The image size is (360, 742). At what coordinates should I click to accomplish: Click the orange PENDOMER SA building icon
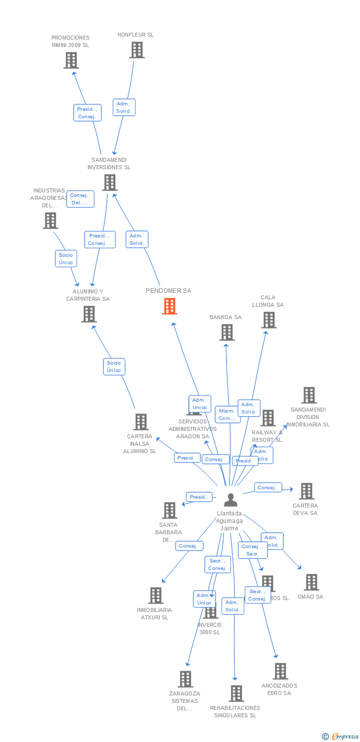click(x=170, y=306)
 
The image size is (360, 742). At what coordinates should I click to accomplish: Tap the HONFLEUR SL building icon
click(x=137, y=50)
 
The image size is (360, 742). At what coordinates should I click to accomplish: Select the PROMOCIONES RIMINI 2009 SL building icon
click(x=71, y=60)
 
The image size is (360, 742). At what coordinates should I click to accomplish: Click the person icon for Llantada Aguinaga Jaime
click(x=230, y=500)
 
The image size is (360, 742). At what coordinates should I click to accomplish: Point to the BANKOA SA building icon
click(x=226, y=332)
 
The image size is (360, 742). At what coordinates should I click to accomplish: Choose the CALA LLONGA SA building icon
click(x=269, y=320)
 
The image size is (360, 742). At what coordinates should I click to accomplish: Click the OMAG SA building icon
click(x=311, y=582)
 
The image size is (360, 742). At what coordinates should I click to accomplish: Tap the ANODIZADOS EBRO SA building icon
click(x=280, y=671)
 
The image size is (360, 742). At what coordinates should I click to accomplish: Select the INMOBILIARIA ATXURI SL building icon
click(x=156, y=596)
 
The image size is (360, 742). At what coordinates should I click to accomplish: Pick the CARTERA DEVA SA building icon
click(x=307, y=491)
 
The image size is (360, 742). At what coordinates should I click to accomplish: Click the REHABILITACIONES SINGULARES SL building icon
click(x=236, y=694)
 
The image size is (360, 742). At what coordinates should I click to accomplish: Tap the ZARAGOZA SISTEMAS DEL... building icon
click(x=185, y=679)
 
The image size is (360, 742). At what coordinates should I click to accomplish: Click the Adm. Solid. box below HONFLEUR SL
click(x=124, y=107)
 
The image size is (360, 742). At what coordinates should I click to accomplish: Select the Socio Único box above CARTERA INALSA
click(x=114, y=367)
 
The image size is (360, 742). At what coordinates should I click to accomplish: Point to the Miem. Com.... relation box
click(x=227, y=415)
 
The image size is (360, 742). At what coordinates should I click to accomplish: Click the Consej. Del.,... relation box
click(x=80, y=199)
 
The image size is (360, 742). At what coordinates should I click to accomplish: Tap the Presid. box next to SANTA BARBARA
click(x=199, y=497)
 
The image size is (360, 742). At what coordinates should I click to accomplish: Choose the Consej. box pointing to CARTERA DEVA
click(x=268, y=488)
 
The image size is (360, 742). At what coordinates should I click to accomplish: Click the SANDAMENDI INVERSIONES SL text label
click(x=109, y=163)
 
